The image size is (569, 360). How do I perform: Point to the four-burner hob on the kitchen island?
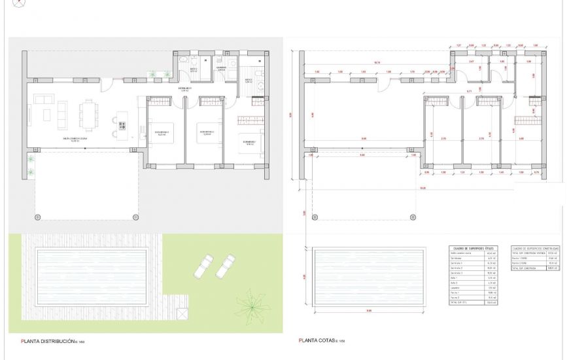(x=121, y=124)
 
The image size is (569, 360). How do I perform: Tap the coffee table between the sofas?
(x=49, y=115)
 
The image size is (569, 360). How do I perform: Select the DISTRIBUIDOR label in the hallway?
(x=185, y=89)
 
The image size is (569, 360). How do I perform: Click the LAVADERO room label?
(x=221, y=67)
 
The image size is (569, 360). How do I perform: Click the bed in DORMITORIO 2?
(x=209, y=128)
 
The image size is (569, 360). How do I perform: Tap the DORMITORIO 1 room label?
(x=249, y=141)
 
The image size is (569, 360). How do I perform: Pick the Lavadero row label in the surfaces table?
(x=456, y=288)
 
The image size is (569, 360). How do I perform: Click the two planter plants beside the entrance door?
(x=154, y=75)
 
